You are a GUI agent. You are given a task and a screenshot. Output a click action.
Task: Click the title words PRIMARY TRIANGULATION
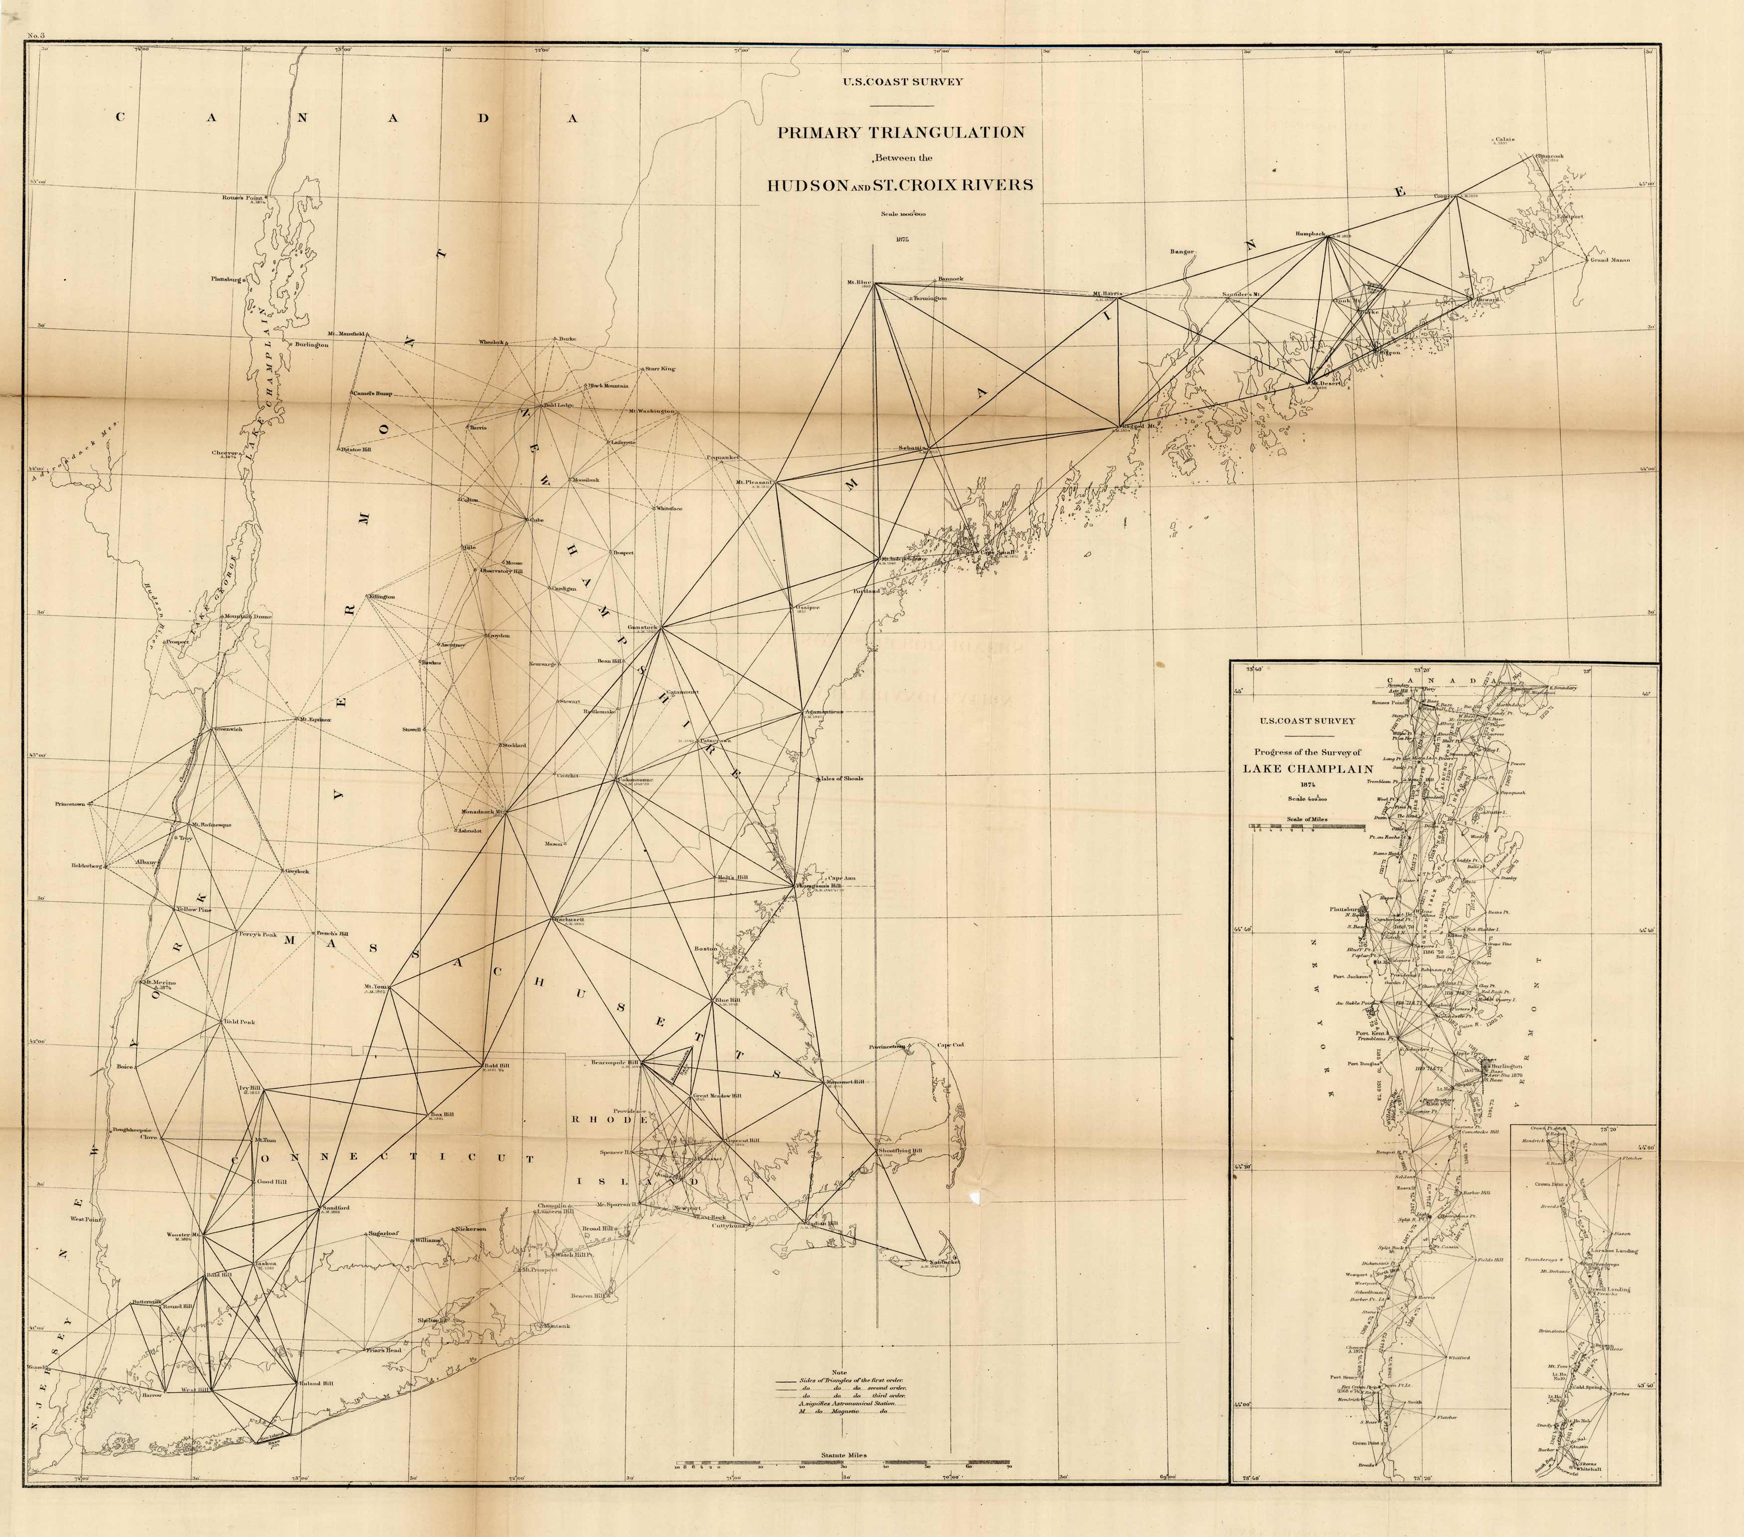pyautogui.click(x=900, y=132)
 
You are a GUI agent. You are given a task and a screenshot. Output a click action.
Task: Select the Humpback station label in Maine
pyautogui.click(x=1309, y=233)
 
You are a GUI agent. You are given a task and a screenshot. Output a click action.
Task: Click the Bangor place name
pyautogui.click(x=1182, y=252)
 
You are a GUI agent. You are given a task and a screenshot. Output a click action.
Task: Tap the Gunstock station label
pyautogui.click(x=642, y=628)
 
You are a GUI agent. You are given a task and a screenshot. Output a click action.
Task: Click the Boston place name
pyautogui.click(x=705, y=948)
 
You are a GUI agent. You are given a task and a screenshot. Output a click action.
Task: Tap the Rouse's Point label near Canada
pyautogui.click(x=242, y=198)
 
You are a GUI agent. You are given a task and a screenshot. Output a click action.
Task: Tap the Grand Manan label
pyautogui.click(x=1609, y=259)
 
